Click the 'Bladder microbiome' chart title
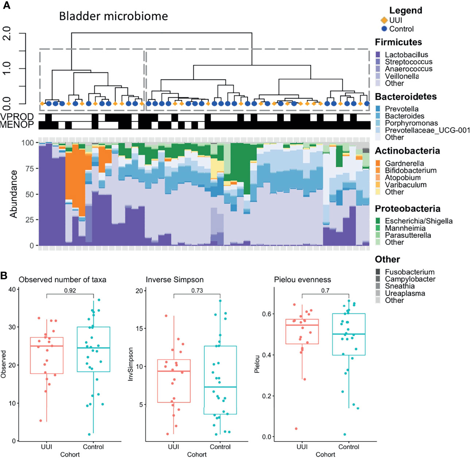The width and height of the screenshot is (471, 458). click(x=113, y=16)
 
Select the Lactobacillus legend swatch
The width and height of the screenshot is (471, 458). click(x=378, y=55)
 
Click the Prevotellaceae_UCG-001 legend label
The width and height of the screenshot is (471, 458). click(x=427, y=130)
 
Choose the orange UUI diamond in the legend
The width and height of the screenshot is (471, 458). click(x=384, y=20)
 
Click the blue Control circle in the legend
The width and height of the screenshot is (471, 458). click(x=384, y=29)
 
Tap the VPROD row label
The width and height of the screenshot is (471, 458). click(x=17, y=117)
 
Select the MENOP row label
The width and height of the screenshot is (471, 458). click(x=17, y=125)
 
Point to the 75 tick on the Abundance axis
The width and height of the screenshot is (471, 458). click(x=30, y=169)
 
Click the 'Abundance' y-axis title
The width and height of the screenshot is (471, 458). click(x=13, y=194)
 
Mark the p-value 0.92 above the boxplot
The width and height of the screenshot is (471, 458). click(x=70, y=291)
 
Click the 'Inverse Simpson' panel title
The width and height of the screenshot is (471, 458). click(x=175, y=280)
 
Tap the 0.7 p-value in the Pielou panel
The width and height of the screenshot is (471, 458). click(x=325, y=291)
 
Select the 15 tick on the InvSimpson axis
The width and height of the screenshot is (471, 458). click(x=139, y=329)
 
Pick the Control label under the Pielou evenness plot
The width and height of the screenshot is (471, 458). click(x=349, y=447)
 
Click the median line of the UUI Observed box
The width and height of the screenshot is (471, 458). click(x=47, y=346)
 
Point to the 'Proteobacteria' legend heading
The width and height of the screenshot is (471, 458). click(x=407, y=209)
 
